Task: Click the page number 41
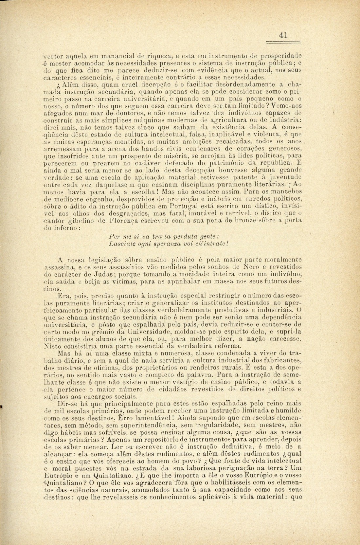coord(283,35)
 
